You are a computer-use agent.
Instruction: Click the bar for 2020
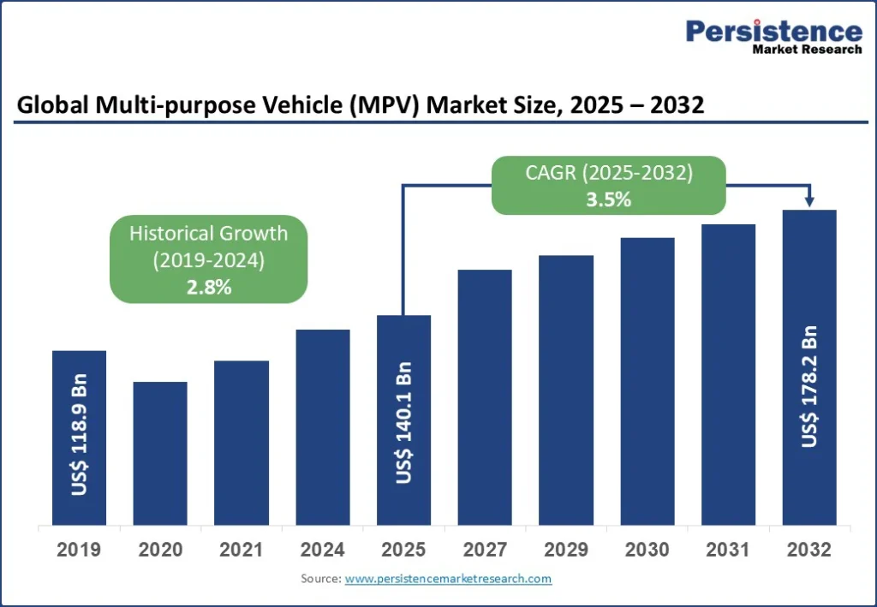tap(160, 453)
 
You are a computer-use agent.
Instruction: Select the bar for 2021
tap(242, 443)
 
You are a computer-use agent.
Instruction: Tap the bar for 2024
tap(323, 427)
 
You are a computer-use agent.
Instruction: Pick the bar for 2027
tap(485, 397)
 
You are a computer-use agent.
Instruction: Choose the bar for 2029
tap(566, 390)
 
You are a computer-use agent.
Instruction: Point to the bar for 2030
tap(647, 381)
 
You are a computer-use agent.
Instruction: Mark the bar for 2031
tap(728, 374)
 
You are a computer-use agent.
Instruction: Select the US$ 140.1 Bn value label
tap(404, 423)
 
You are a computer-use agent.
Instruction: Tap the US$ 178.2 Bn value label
tap(810, 386)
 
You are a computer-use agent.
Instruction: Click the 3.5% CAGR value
tap(609, 200)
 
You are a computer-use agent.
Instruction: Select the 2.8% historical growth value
tap(209, 288)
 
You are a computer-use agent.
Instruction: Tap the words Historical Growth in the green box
tap(209, 233)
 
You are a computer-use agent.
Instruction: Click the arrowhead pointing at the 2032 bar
tap(808, 202)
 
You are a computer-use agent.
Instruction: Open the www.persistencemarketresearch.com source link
tap(448, 580)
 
